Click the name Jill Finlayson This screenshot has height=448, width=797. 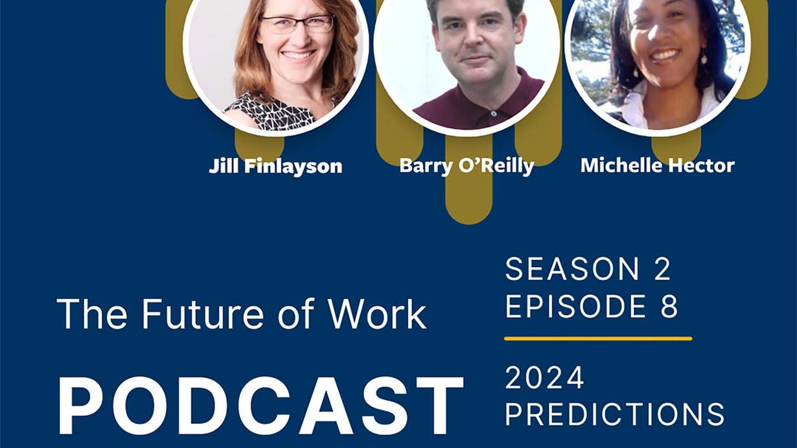(x=275, y=167)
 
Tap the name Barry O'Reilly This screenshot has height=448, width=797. (x=467, y=165)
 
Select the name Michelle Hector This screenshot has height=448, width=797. (x=658, y=165)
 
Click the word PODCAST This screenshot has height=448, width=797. (x=260, y=406)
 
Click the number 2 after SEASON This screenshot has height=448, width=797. (x=662, y=269)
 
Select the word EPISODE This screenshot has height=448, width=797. (x=575, y=306)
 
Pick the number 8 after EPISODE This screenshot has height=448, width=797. (x=669, y=306)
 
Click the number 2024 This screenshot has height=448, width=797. (x=544, y=378)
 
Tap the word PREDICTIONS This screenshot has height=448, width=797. (x=615, y=414)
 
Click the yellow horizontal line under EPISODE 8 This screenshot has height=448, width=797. (x=598, y=338)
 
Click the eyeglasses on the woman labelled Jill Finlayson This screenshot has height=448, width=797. (x=297, y=24)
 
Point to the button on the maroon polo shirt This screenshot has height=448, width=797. (x=494, y=113)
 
